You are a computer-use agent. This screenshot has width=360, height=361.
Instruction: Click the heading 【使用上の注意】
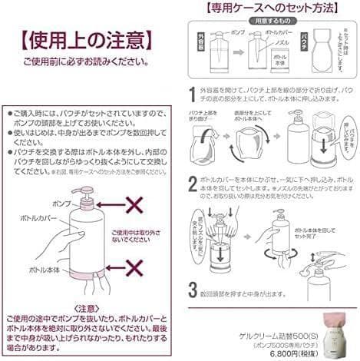coord(83,39)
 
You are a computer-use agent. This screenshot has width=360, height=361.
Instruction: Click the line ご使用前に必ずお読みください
coord(83,61)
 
